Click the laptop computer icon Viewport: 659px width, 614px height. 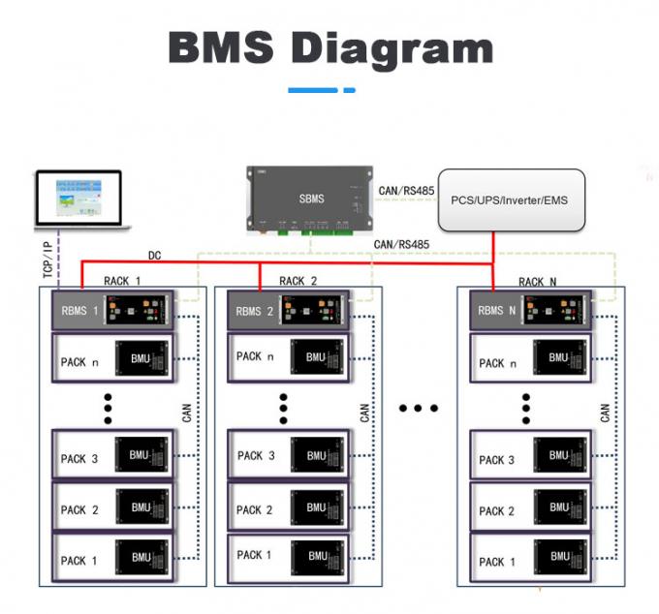(x=81, y=200)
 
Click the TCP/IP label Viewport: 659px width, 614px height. (x=47, y=260)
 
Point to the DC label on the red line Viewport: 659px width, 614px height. (x=155, y=256)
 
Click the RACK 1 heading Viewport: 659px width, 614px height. (x=123, y=281)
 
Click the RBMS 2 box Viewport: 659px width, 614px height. (x=289, y=311)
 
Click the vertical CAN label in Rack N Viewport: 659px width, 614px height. (x=606, y=414)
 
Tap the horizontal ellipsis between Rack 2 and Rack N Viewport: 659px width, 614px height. (x=420, y=409)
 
